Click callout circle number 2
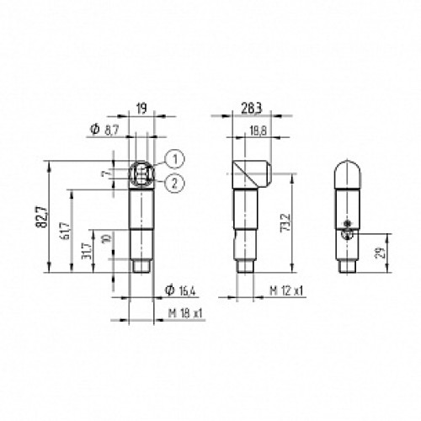click(x=173, y=184)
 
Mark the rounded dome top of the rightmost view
click(x=348, y=173)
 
